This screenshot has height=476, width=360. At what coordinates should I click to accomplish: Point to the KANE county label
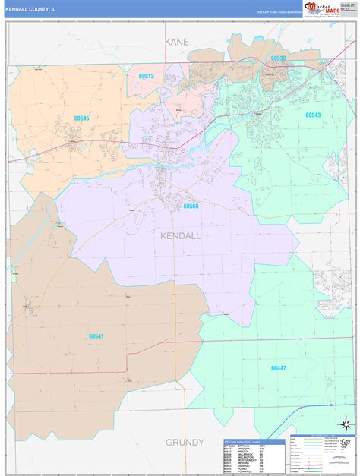coord(176,43)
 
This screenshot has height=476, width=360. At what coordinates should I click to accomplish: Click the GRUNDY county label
coord(185,442)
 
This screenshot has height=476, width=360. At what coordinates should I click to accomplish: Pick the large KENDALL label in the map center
coord(181,236)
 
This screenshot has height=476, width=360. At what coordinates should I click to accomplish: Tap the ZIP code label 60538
coord(279,58)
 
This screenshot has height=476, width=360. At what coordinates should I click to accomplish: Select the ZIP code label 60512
coord(147,76)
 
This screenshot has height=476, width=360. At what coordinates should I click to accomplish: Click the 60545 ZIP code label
coord(82,118)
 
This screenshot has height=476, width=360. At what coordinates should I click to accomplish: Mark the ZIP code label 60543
coord(313,115)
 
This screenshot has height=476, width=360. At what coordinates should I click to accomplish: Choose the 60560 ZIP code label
coord(191,206)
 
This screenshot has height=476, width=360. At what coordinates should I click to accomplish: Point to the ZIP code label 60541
coord(96,336)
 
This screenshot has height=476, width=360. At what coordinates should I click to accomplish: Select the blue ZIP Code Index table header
coord(254,441)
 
